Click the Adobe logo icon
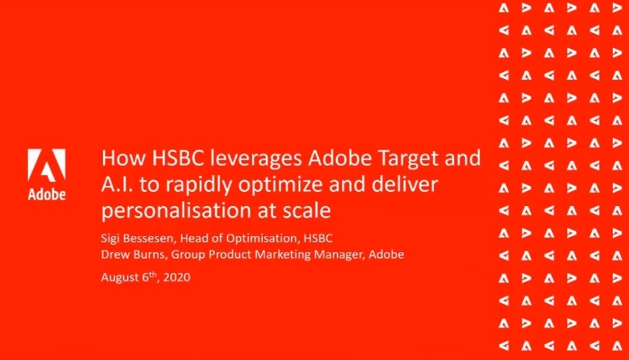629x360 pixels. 46,165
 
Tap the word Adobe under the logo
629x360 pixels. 46,194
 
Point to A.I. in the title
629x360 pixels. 117,184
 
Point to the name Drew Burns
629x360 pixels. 133,255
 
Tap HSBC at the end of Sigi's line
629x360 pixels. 318,238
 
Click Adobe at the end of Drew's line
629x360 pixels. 386,255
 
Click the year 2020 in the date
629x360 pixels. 177,277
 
